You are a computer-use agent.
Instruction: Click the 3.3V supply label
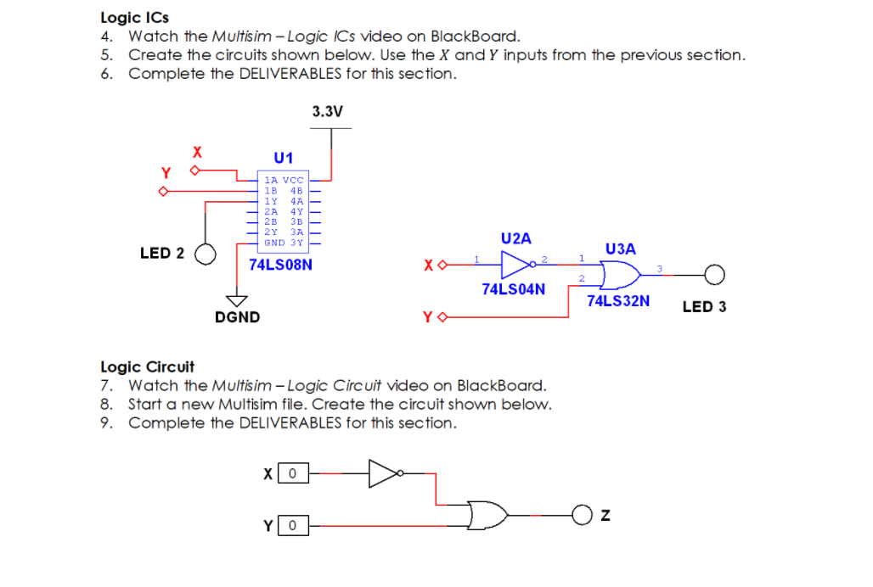327,111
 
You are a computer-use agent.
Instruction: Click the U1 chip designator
284,158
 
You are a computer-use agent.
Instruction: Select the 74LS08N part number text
280,265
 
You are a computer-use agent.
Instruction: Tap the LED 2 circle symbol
204,254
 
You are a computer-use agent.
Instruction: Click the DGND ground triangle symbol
235,300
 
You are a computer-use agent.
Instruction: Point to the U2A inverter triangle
516,265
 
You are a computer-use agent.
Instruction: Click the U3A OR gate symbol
619,273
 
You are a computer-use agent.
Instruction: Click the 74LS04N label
513,289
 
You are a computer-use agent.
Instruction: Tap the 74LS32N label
618,300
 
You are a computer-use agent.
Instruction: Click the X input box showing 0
292,473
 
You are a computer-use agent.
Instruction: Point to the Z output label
605,514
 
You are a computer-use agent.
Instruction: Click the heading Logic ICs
134,17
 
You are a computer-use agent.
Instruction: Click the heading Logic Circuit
147,366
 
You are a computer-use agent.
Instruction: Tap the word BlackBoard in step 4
475,36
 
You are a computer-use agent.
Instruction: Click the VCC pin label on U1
293,180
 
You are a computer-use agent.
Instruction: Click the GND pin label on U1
273,243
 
